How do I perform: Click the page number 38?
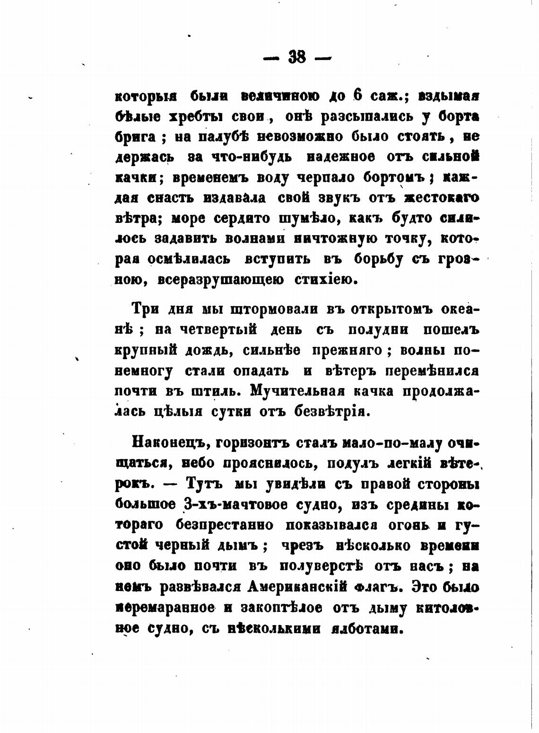(297, 58)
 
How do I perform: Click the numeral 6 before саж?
(357, 95)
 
